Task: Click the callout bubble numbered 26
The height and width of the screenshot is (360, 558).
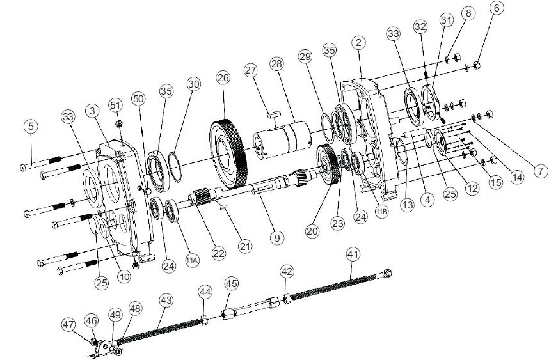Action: coord(223,79)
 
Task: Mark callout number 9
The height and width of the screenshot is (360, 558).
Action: coord(276,237)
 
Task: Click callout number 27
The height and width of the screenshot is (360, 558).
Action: coord(250,70)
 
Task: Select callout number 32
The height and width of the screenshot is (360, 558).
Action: coord(420,27)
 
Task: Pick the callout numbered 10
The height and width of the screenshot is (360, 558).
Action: coord(124,277)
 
